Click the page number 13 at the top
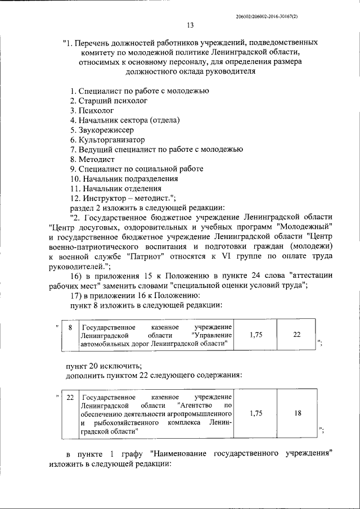(x=190, y=25)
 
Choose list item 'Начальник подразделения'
(x=124, y=178)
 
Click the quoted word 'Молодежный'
(x=304, y=227)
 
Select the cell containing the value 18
(x=297, y=413)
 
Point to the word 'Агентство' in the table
(x=197, y=405)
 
